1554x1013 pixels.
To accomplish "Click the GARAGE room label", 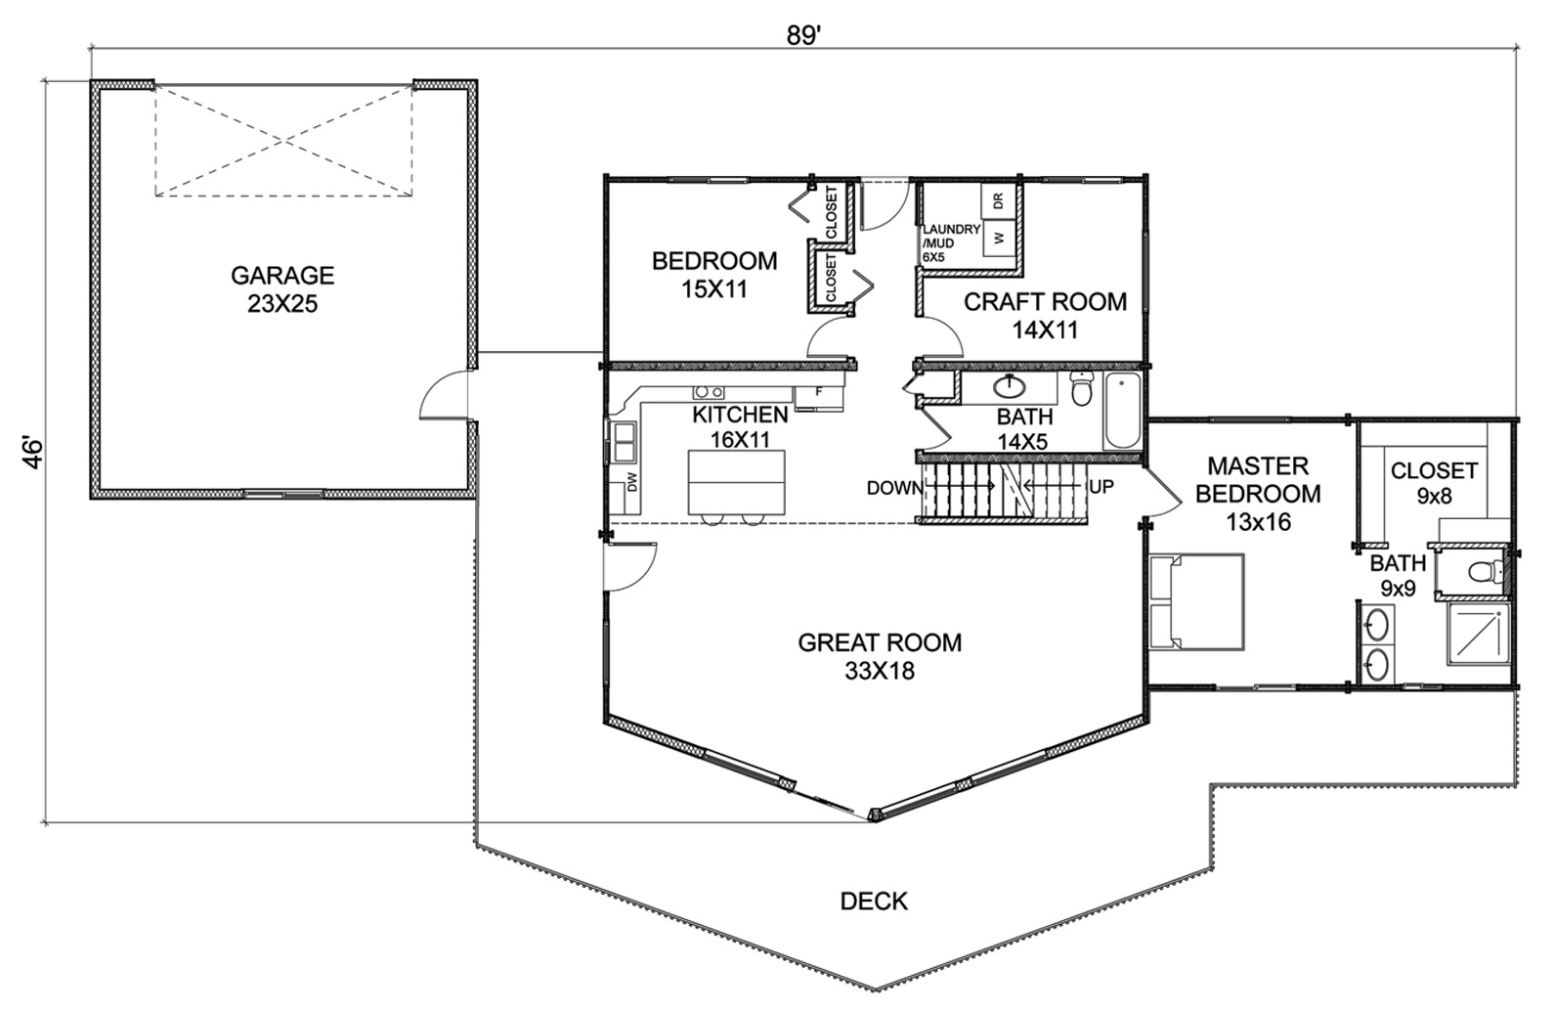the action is coord(282,276).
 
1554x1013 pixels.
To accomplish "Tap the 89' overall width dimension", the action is coord(804,36).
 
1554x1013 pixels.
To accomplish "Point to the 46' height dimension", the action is coord(32,453).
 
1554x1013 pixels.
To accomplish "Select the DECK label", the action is coord(874,901).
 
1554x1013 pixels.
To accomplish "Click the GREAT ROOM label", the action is coord(880,642).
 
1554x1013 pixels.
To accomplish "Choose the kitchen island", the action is coord(737,482).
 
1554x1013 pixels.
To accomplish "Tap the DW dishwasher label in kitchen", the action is coord(632,482).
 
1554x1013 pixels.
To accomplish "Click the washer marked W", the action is coord(999,238).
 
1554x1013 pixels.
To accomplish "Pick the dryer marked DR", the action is coord(999,201).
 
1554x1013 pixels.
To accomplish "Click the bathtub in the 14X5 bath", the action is coord(1122,411).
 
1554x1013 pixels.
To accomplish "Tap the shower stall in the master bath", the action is coord(1478,635).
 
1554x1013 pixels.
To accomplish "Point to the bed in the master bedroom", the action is coord(1196,601).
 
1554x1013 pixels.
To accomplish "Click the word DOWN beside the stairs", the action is coord(894,488).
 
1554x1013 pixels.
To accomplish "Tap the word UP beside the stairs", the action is coord(1101,487).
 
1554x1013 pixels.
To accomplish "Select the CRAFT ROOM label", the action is coord(1046,302).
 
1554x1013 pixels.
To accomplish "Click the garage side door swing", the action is coord(444,395).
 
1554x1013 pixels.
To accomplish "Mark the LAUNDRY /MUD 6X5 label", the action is coord(951,243).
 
